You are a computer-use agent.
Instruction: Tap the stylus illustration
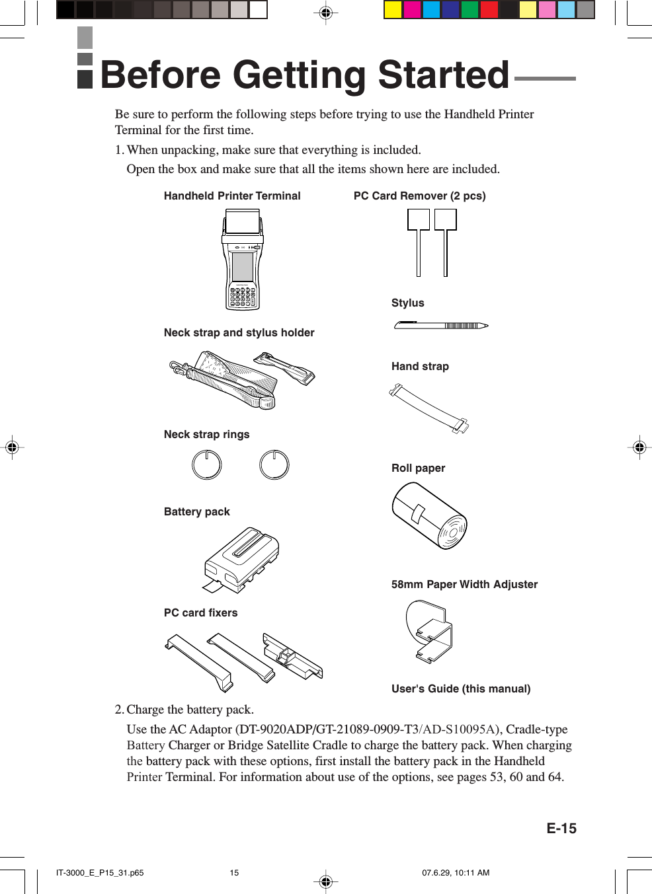[x=440, y=325]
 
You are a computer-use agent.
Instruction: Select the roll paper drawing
[x=429, y=515]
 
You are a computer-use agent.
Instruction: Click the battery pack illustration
[x=242, y=559]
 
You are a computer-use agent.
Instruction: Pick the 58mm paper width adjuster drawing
[x=430, y=631]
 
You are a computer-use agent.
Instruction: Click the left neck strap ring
[x=206, y=465]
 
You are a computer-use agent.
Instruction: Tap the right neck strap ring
[x=274, y=465]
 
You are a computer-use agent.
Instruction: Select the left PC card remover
[x=419, y=241]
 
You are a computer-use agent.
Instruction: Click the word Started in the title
[x=443, y=75]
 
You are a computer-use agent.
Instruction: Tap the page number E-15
[x=561, y=829]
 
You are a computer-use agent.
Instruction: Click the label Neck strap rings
[x=206, y=434]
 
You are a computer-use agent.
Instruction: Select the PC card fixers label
[x=200, y=613]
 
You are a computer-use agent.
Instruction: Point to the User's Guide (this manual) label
[x=461, y=689]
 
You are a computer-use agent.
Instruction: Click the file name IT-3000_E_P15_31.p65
[x=100, y=872]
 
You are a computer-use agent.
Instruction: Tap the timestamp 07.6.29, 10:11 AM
[x=456, y=872]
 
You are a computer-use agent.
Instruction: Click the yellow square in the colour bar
[x=393, y=10]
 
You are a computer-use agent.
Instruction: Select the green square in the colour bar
[x=469, y=10]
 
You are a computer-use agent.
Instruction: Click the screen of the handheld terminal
[x=243, y=266]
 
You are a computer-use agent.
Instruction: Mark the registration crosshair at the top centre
[x=325, y=13]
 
